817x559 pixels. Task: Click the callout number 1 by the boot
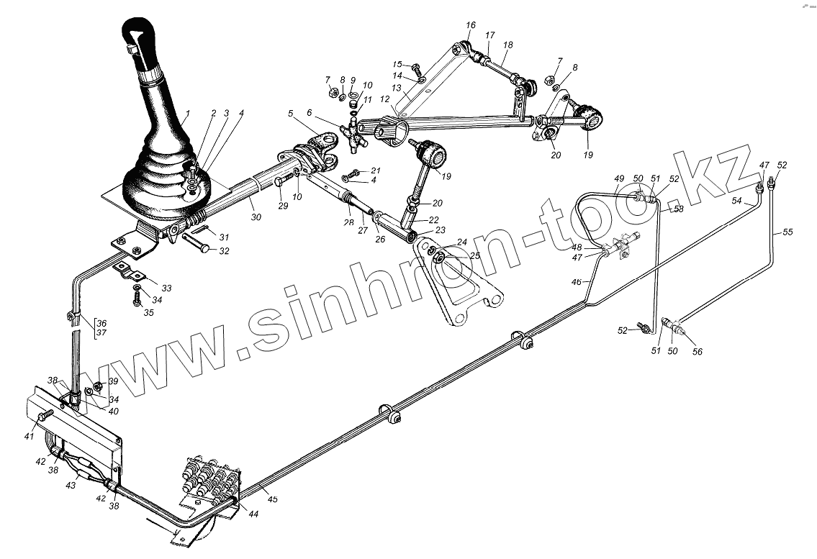click(187, 113)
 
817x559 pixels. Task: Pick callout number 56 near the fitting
click(697, 351)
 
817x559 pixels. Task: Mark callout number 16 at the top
click(470, 25)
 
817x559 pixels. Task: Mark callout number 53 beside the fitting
click(678, 209)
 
